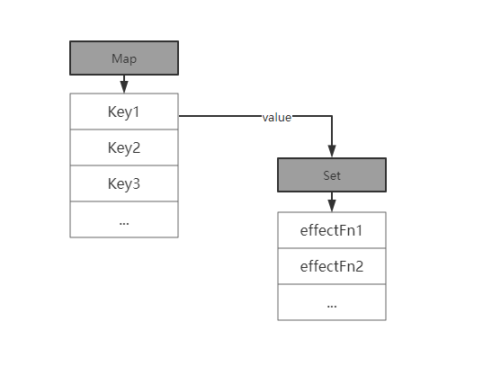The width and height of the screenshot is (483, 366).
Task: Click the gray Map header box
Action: pos(124,58)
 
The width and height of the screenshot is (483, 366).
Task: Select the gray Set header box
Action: pos(332,175)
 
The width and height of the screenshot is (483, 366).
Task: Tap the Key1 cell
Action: pos(124,112)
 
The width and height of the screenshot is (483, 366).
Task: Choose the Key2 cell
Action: pos(124,147)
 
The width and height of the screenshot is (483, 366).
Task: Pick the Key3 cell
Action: pos(124,183)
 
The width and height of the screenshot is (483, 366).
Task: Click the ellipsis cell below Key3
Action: pos(124,219)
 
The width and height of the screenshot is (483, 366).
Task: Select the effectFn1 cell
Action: pos(332,230)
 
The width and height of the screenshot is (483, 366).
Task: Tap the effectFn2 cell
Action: pos(332,266)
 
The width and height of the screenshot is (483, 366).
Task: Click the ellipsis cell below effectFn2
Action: pos(332,302)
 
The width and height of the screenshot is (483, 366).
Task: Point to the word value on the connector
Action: pos(277,118)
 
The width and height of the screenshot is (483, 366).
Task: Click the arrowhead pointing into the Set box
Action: pos(332,151)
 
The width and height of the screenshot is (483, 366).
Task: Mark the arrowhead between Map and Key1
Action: pos(124,87)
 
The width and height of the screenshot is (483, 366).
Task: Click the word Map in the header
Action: pos(124,58)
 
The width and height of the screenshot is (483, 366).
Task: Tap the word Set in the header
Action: pos(332,175)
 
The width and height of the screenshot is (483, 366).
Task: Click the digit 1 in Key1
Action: pos(136,112)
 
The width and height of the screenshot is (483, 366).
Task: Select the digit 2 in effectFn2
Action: pos(359,266)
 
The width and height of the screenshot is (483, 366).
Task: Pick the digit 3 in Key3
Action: pos(136,183)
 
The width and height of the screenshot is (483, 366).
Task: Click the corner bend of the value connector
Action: pos(332,116)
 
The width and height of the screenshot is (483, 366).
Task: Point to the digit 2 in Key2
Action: pos(136,147)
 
